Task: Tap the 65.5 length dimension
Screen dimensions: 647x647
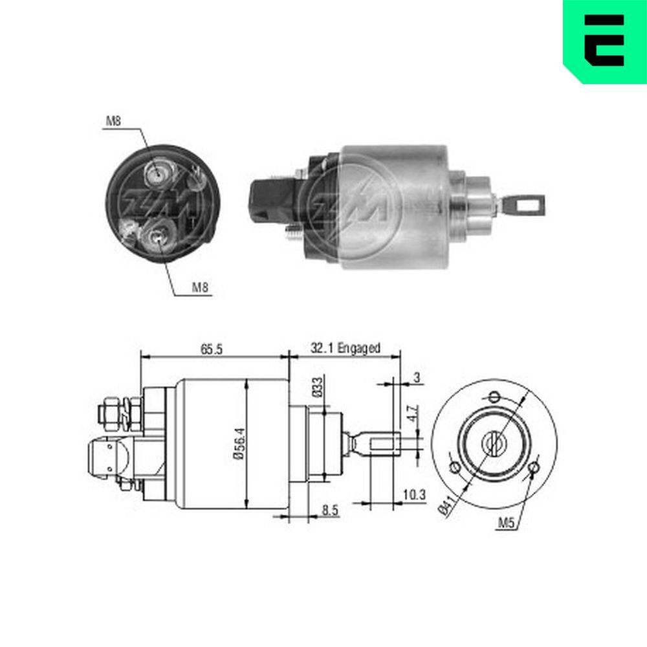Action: click(x=211, y=349)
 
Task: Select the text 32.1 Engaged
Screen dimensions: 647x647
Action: click(x=345, y=348)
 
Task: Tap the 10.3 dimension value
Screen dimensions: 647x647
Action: click(x=413, y=496)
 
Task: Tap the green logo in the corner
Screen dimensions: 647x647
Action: click(x=604, y=40)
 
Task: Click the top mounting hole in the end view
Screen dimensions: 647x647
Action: click(x=494, y=397)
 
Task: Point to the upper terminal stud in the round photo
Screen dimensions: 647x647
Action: click(x=157, y=173)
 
